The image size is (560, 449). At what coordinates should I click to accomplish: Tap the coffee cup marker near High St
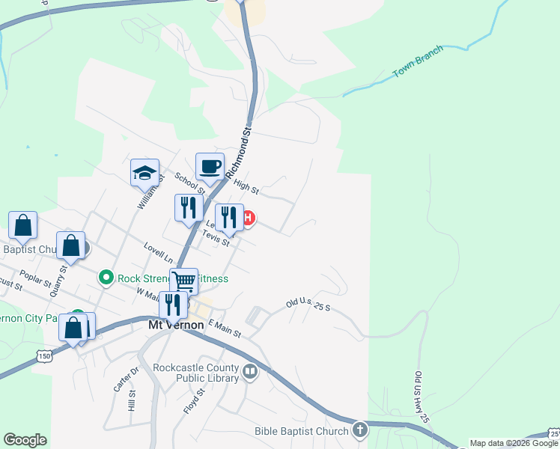210,166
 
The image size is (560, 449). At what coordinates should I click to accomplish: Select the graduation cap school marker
145,174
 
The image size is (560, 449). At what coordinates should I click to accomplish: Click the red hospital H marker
248,219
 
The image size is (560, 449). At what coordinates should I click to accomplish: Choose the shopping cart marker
183,281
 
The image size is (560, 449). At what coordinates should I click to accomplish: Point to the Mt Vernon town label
177,326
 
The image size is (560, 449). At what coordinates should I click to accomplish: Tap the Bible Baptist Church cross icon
360,430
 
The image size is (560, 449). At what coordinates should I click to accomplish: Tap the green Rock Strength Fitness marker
106,278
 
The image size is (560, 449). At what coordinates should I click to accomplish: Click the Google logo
25,440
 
